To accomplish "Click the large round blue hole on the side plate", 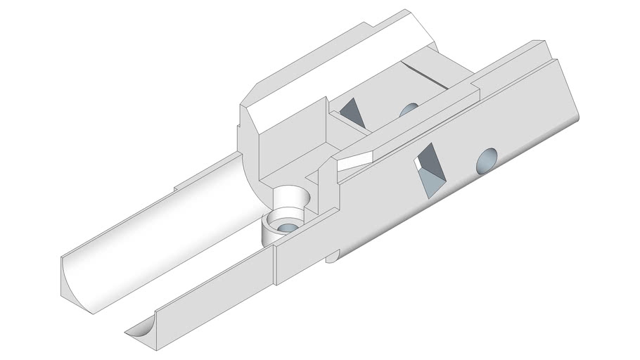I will coord(487,161).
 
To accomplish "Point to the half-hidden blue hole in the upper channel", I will coord(408,110).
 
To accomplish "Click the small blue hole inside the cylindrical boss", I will coord(288,227).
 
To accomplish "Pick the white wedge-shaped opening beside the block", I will coord(356,160).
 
